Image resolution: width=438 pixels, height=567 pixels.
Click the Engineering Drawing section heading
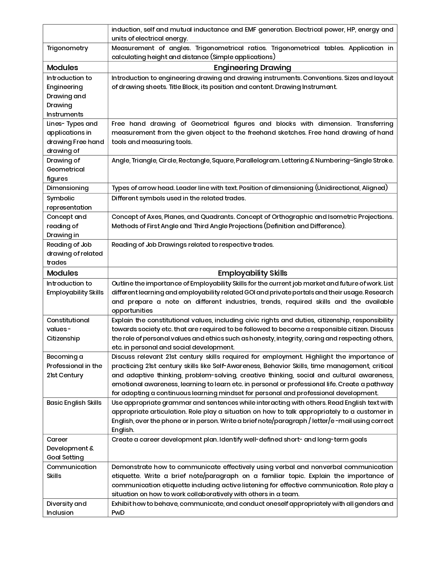click(x=252, y=68)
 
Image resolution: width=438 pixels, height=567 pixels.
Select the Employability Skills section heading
click(x=252, y=273)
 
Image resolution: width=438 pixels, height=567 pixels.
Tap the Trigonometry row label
click(x=67, y=48)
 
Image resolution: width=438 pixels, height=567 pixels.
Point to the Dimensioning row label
click(x=68, y=188)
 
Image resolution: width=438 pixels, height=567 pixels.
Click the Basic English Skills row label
click(x=74, y=403)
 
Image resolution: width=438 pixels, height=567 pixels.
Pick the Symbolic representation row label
click(x=69, y=203)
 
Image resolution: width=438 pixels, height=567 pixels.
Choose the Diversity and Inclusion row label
click(x=67, y=508)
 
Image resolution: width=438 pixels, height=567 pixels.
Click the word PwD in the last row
click(x=118, y=513)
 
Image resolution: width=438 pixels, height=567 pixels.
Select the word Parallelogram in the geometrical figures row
click(x=258, y=160)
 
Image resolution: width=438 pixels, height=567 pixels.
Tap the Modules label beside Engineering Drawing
click(x=63, y=68)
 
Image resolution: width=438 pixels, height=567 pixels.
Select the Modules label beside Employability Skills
click(x=63, y=273)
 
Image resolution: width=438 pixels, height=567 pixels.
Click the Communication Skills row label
click(x=71, y=471)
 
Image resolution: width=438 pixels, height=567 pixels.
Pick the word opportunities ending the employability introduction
click(x=132, y=311)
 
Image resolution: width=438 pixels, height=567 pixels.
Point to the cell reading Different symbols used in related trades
click(x=179, y=198)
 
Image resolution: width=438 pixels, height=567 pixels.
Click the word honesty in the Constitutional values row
click(x=261, y=338)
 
